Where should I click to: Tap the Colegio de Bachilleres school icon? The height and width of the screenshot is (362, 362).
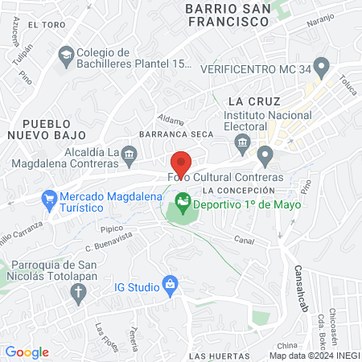pyautogui.click(x=65, y=55)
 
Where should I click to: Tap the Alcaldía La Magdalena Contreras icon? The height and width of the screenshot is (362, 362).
pyautogui.click(x=131, y=153)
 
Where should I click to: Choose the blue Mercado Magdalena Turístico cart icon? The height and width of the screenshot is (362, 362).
pyautogui.click(x=49, y=197)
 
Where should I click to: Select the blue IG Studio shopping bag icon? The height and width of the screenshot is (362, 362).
pyautogui.click(x=170, y=283)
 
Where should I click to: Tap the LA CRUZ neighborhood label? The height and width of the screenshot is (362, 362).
pyautogui.click(x=253, y=101)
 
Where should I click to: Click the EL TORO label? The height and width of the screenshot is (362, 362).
pyautogui.click(x=45, y=25)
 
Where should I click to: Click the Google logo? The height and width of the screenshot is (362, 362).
pyautogui.click(x=27, y=352)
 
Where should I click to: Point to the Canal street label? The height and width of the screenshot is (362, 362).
pyautogui.click(x=244, y=240)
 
